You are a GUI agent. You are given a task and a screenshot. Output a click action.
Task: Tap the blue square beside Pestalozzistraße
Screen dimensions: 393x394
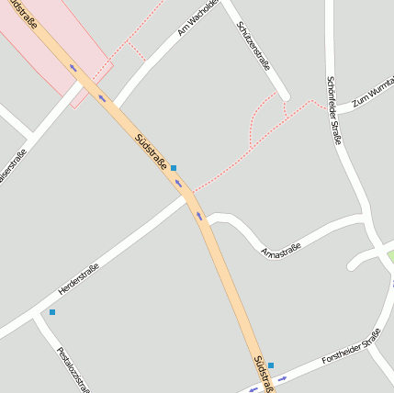[x=52, y=312]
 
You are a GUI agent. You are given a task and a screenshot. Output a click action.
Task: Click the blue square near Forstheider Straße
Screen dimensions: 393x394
[x=271, y=365]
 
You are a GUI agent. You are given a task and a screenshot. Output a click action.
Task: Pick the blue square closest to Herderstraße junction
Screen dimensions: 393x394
[x=173, y=168]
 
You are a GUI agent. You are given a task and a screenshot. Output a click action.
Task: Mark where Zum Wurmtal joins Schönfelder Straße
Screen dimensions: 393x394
[x=336, y=109]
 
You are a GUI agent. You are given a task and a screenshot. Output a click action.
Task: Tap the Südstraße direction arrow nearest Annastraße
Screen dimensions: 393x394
[x=198, y=216]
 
